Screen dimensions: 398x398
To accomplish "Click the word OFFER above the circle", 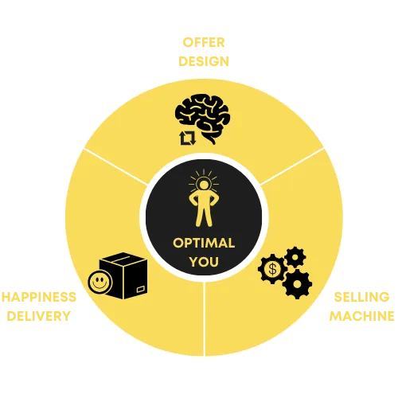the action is coord(204,42).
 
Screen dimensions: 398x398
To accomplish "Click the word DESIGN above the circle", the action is coord(204,61).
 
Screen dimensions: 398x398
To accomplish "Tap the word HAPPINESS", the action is coord(39,297).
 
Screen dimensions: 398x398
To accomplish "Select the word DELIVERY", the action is coord(39,316).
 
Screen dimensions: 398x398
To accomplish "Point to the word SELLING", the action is coord(361,297).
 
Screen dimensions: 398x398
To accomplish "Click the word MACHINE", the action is coord(361,316).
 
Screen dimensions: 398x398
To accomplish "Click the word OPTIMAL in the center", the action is coord(204,243).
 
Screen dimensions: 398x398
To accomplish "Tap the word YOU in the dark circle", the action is coord(204,262).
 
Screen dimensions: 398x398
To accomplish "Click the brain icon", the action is coord(202,119).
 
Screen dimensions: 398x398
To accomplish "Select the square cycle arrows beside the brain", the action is coord(188,138).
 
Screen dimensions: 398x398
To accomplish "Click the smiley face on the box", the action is coord(100,282).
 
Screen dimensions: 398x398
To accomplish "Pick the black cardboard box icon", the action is coord(123,275).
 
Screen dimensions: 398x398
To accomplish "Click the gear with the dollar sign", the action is coord(272,269).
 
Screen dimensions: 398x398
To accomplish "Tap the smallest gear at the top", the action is coord(295,257).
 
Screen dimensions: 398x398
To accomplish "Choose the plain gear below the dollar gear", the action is coord(297,284).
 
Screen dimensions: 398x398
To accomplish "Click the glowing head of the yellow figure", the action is coord(204,185).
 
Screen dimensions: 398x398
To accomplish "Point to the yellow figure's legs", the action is coord(204,215).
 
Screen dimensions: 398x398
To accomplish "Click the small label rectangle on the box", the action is coord(141,289).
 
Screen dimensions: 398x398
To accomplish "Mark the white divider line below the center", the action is coord(204,318).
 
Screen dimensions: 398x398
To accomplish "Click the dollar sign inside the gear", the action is coord(272,269).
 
